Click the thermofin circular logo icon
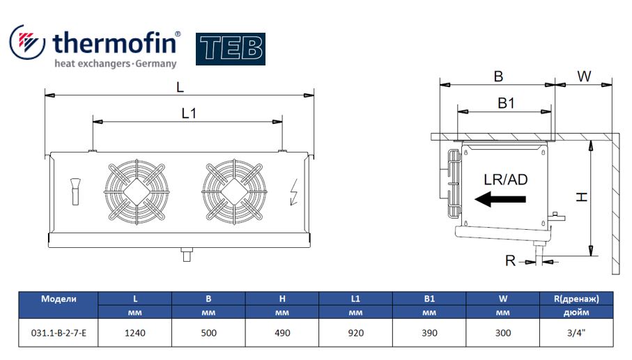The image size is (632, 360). pos(27,42)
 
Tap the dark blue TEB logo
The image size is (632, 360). pos(231,49)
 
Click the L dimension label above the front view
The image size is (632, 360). pos(180,87)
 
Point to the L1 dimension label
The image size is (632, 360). pos(189,114)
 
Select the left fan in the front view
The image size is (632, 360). pos(137,192)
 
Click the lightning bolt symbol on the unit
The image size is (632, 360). pos(294,191)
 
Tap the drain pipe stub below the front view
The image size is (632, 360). pos(187,254)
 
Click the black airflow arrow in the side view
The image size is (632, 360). pos(500,199)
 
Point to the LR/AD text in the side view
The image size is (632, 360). pos(505,180)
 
